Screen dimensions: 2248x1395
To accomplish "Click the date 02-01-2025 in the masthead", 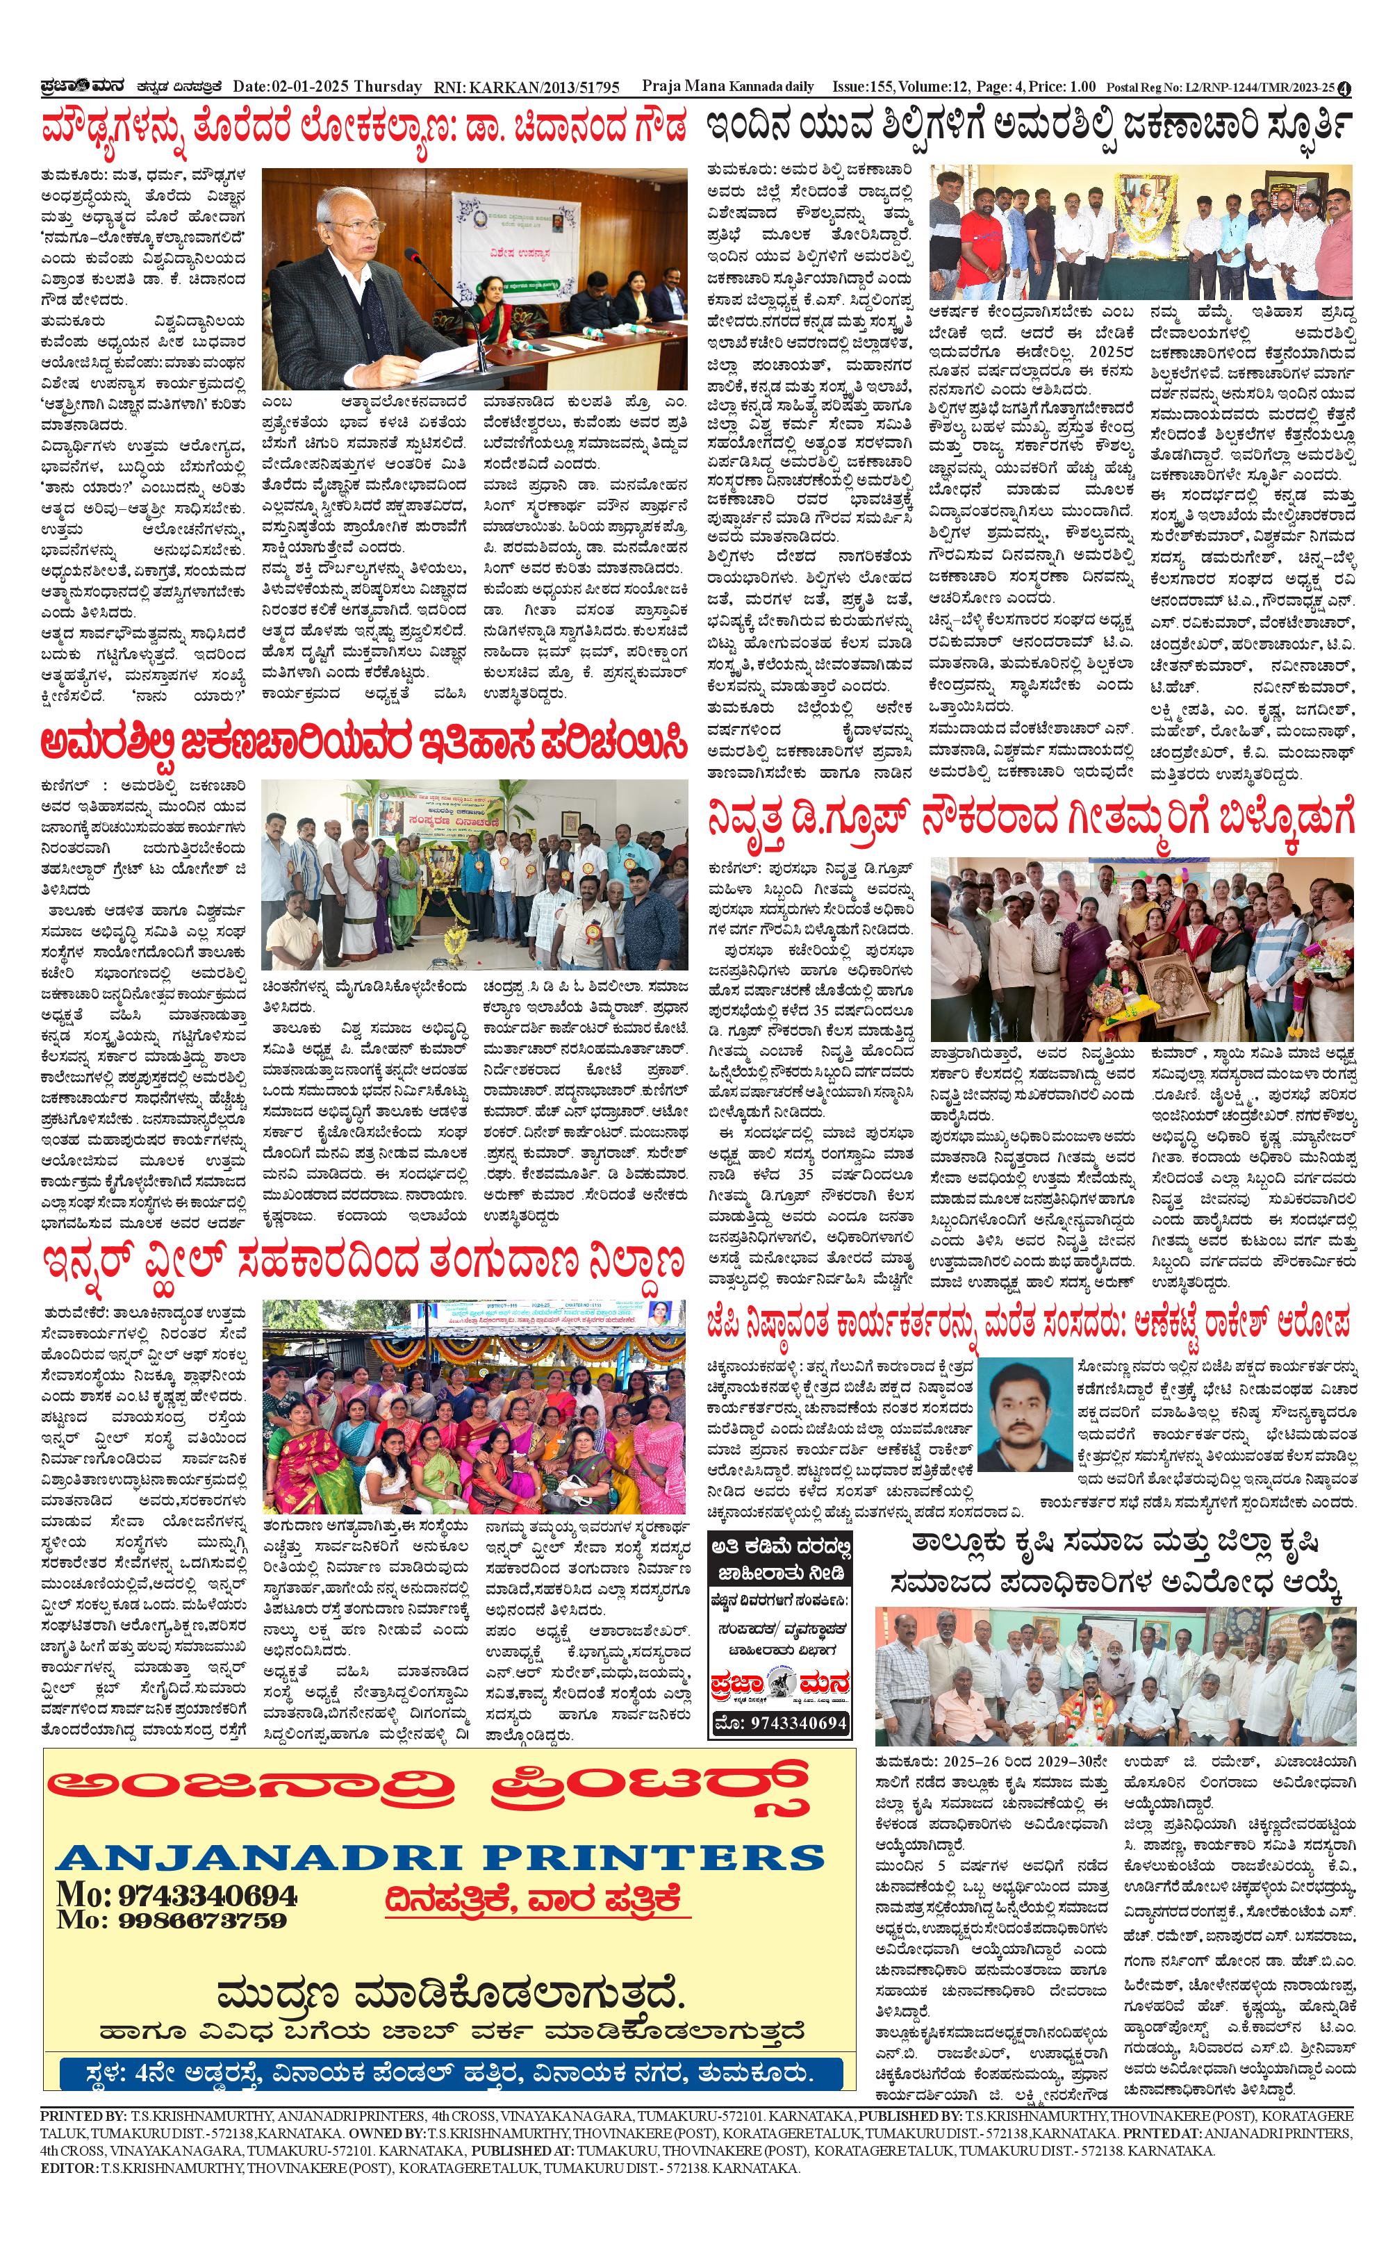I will point(310,87).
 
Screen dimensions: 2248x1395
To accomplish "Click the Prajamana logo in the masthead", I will point(83,87).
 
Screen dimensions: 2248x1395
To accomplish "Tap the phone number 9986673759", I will point(202,1919).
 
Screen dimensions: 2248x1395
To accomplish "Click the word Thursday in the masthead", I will point(388,87).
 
